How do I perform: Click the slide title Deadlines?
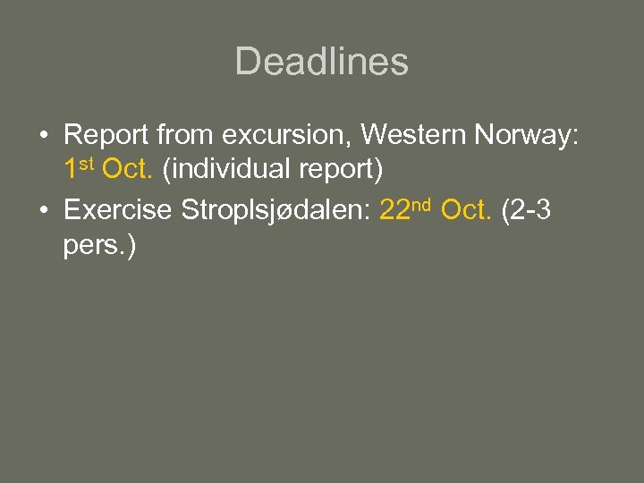click(x=321, y=62)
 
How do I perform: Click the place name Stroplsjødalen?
click(x=275, y=210)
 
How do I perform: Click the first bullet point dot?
click(x=44, y=136)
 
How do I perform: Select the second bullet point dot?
click(x=44, y=211)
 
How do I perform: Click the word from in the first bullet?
click(x=186, y=135)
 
